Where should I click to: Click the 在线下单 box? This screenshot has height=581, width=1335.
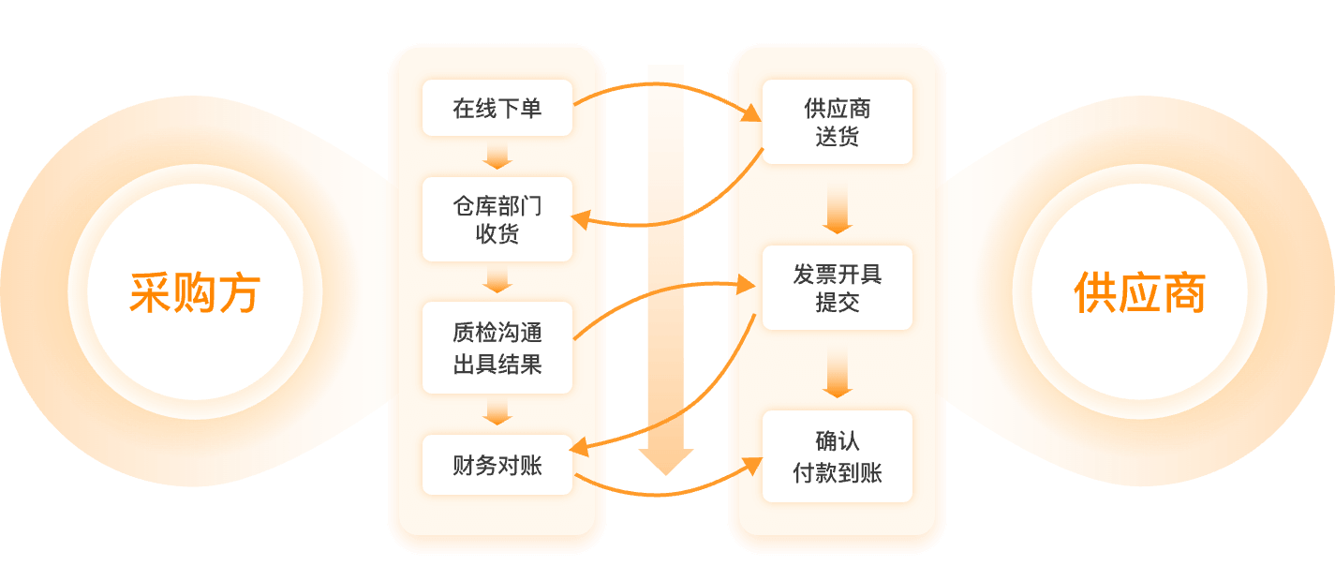click(x=497, y=109)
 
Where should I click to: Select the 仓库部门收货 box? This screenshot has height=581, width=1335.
click(x=497, y=219)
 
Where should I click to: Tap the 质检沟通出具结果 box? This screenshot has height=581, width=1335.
click(x=497, y=348)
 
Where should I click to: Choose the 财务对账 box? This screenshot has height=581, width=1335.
click(x=497, y=465)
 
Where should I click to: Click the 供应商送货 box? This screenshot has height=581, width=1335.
click(x=837, y=123)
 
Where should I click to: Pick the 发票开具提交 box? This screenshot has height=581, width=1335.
click(x=837, y=288)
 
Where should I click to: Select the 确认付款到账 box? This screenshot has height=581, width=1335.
click(x=837, y=456)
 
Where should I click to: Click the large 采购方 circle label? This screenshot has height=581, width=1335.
click(x=194, y=292)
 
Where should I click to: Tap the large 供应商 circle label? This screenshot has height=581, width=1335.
click(x=1139, y=292)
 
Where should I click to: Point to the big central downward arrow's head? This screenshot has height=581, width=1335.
click(x=665, y=460)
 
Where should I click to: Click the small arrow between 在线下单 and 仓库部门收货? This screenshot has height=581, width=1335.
click(x=497, y=156)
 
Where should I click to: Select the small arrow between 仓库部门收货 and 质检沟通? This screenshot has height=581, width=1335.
click(x=497, y=280)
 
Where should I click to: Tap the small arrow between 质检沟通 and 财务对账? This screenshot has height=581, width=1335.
click(x=497, y=412)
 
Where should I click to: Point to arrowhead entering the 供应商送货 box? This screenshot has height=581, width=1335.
click(x=751, y=115)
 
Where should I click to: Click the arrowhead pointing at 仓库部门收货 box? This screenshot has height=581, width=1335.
click(x=580, y=219)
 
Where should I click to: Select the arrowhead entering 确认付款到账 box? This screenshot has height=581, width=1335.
click(x=752, y=465)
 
